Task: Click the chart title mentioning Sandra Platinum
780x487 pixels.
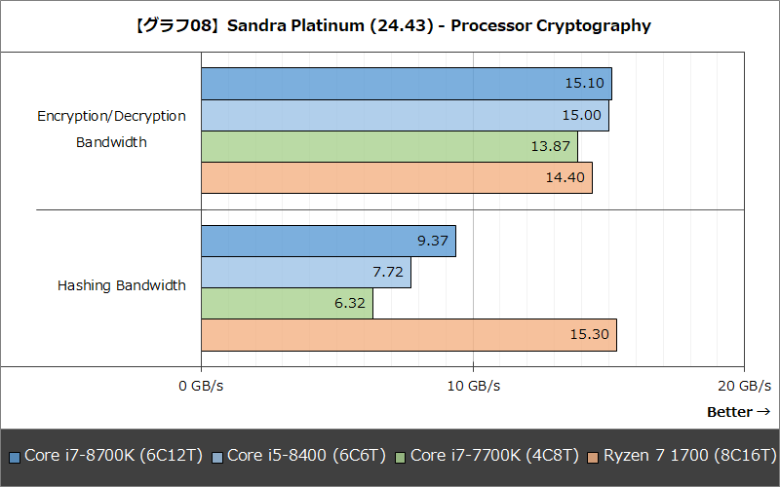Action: (390, 26)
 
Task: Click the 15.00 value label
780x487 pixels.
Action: (582, 115)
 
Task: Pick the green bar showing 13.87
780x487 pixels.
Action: (389, 146)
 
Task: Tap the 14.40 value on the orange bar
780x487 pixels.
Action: (565, 178)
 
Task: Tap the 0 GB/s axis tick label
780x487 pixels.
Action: (202, 386)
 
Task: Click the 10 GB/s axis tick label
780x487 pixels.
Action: (473, 386)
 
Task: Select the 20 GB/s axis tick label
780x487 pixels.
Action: (744, 386)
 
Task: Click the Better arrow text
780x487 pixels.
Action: (738, 412)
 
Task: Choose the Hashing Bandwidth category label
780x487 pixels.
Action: (121, 286)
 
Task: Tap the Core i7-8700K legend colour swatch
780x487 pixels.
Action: (14, 456)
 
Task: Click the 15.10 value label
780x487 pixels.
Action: (585, 84)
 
